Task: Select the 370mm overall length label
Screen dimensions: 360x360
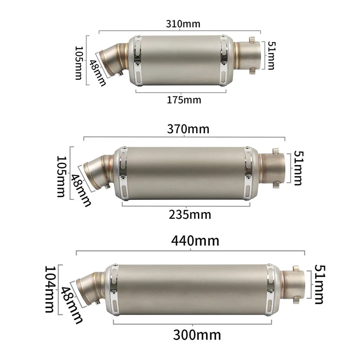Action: tap(189, 129)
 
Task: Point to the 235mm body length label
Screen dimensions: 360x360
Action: tap(190, 215)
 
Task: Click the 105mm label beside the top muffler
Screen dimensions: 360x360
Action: tap(79, 63)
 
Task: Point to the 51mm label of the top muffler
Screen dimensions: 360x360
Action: tap(270, 55)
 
